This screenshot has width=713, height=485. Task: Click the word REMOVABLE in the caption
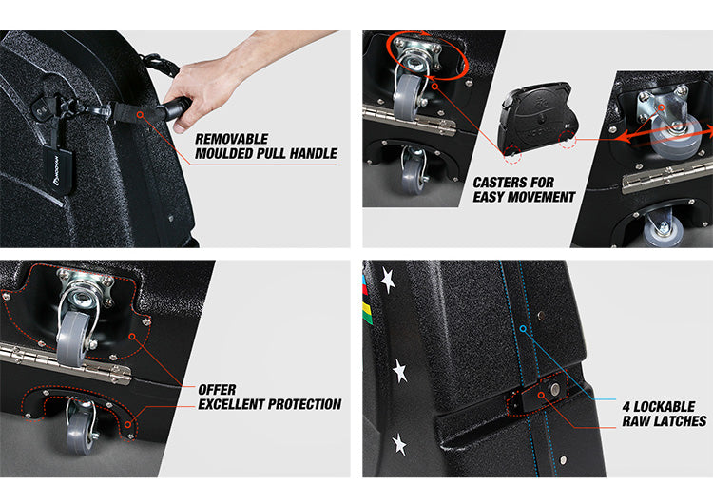[x=231, y=138]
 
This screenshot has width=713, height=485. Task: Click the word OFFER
[x=217, y=389]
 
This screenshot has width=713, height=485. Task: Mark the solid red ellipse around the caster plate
[x=427, y=55]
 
